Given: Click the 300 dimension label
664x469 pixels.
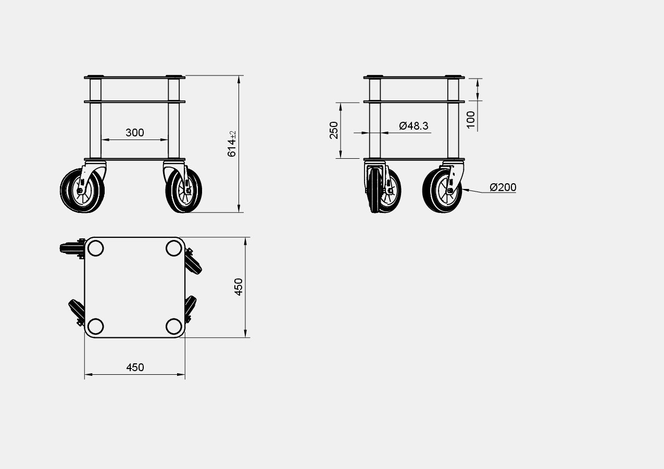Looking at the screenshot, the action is click(134, 132).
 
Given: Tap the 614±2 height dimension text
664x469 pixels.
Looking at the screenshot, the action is click(232, 144).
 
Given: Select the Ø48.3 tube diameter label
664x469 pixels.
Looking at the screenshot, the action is click(414, 126).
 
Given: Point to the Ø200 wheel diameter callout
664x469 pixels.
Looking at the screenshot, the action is click(503, 187).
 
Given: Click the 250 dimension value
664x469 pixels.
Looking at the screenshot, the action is click(334, 130).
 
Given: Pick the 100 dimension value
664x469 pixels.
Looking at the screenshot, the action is click(471, 120).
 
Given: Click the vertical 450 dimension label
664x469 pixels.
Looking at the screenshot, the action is click(239, 287).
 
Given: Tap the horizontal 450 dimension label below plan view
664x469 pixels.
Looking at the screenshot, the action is click(135, 367).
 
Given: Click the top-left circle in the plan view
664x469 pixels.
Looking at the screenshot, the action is click(95, 248).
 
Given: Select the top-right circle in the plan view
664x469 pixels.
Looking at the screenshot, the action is click(174, 248).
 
